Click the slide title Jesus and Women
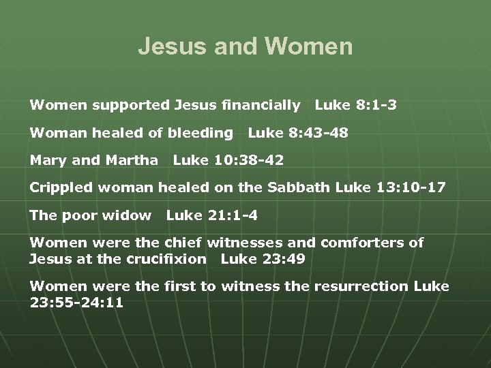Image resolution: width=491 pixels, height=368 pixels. (x=245, y=46)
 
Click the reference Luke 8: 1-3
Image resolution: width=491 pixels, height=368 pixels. (x=355, y=106)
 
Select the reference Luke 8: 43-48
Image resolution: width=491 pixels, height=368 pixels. (x=298, y=133)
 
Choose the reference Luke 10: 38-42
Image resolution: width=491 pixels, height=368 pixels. (x=228, y=161)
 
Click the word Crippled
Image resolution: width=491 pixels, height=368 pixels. (x=58, y=188)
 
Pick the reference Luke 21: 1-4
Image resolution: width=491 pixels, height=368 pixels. (x=212, y=215)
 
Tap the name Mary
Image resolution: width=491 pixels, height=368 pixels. (x=46, y=162)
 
